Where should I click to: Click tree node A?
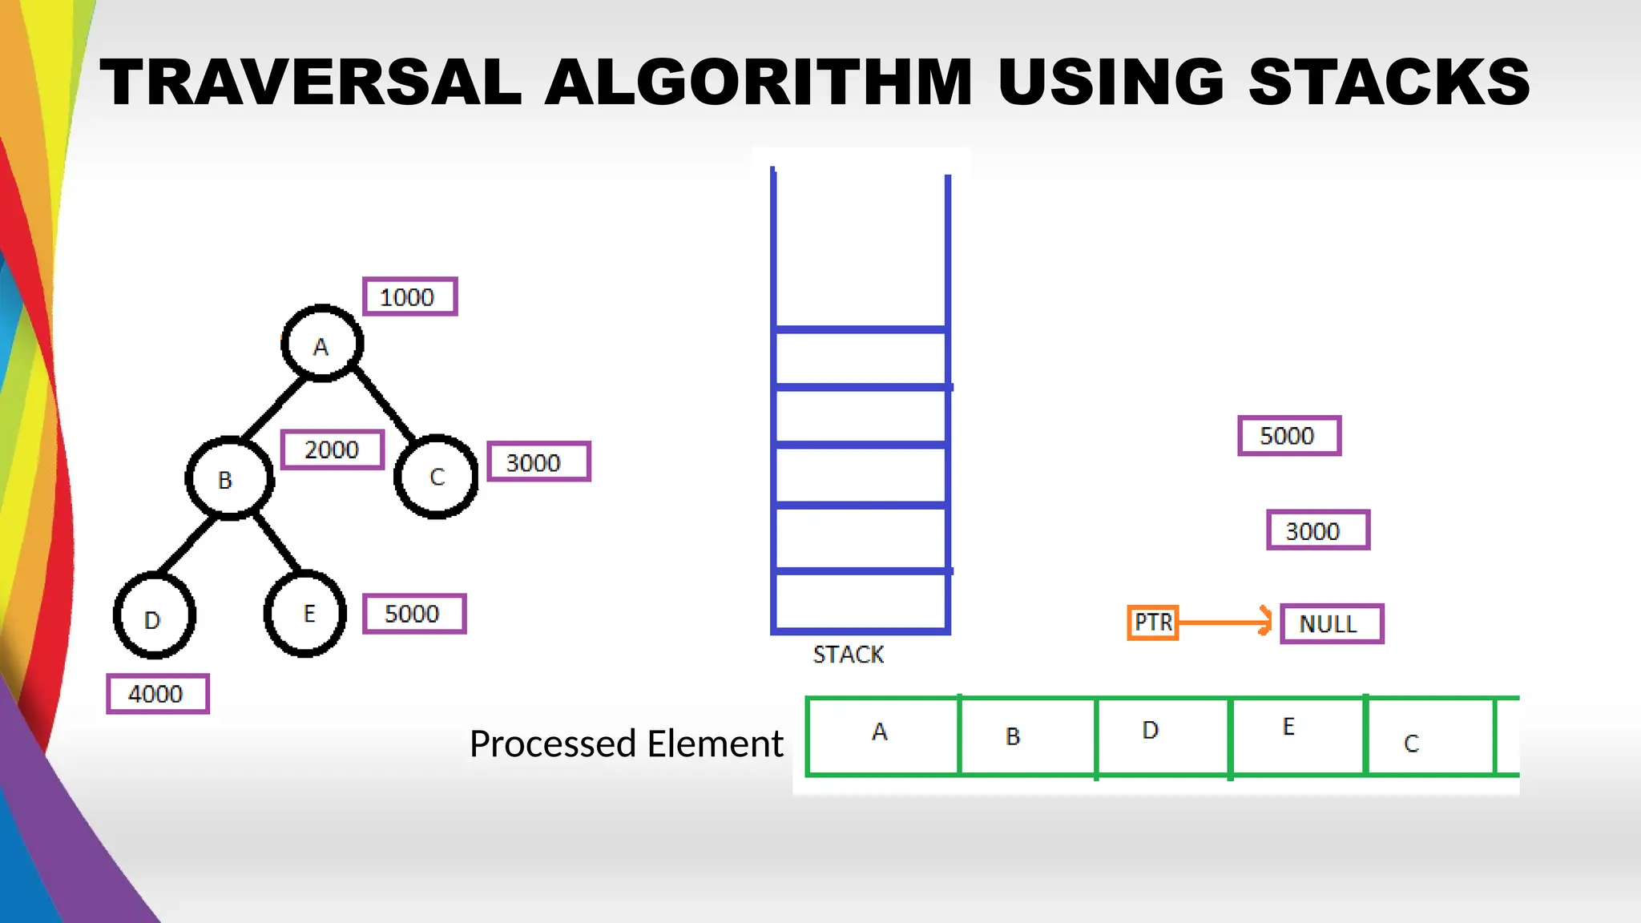[x=322, y=344]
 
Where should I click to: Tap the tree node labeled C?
[x=437, y=477]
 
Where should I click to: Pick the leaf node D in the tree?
[x=155, y=616]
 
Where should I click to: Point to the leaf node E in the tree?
[x=305, y=614]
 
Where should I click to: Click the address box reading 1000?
[x=409, y=296]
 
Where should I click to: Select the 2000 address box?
[x=333, y=449]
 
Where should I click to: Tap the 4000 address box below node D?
[x=158, y=694]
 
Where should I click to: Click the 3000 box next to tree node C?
[x=538, y=462]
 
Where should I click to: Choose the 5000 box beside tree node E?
[x=414, y=614]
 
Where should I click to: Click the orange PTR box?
[x=1153, y=623]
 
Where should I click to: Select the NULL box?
[x=1332, y=623]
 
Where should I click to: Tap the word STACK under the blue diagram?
[x=849, y=655]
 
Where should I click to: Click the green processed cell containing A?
[x=882, y=736]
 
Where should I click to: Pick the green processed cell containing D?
[x=1162, y=736]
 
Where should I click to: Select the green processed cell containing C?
[x=1429, y=736]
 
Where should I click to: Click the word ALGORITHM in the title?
[x=758, y=82]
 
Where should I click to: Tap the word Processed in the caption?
[x=554, y=744]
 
